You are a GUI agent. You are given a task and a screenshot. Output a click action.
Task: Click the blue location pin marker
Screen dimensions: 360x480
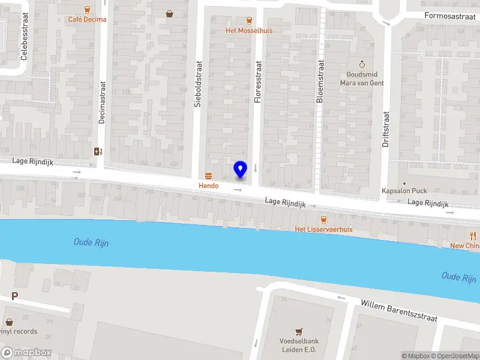click(241, 169)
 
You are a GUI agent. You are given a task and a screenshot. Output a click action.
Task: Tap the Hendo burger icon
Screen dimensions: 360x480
click(209, 175)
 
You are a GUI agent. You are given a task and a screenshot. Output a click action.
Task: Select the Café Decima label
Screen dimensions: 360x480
click(87, 19)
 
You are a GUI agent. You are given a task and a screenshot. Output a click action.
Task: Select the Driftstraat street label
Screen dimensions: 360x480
click(386, 129)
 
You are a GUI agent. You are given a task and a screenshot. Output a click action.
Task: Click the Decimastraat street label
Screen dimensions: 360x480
click(102, 102)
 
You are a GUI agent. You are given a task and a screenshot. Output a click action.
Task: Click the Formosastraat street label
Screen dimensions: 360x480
click(449, 16)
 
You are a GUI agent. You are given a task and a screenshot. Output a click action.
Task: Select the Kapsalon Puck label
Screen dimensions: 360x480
click(404, 191)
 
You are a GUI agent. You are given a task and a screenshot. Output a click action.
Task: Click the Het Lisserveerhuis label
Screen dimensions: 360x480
click(323, 229)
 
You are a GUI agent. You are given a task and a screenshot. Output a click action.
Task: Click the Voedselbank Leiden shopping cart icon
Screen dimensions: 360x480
click(298, 331)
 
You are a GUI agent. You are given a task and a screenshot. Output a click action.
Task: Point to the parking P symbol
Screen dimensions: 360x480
click(14, 296)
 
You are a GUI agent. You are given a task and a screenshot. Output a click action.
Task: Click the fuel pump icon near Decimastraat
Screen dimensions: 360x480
click(97, 151)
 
